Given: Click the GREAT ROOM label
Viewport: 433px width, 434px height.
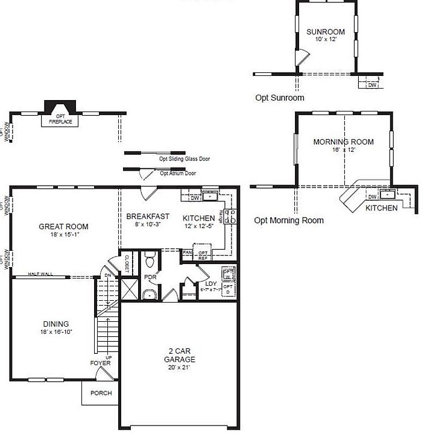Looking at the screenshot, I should (x=63, y=227).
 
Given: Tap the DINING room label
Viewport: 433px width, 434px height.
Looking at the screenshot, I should (x=55, y=324).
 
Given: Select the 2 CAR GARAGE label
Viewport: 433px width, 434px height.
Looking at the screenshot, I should (x=180, y=355).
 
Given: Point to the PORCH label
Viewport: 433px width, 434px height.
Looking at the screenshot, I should (x=101, y=393).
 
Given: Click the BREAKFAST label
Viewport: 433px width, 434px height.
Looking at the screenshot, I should (x=147, y=216).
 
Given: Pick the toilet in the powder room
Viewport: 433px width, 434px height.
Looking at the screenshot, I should (x=151, y=261).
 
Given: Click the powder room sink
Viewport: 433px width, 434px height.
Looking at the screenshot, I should (x=149, y=295).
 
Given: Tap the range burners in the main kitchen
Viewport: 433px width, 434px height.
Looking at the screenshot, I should (x=229, y=217).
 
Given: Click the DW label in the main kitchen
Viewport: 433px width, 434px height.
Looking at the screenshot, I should (x=194, y=197).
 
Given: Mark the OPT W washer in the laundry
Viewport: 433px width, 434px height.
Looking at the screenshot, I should (x=228, y=274).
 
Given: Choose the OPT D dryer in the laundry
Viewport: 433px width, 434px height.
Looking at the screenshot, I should (x=228, y=289).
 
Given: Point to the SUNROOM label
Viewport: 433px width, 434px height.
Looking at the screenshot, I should (x=325, y=32).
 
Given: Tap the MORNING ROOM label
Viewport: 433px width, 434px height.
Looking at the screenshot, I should (x=343, y=142).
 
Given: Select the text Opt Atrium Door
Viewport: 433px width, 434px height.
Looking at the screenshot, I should (x=178, y=173).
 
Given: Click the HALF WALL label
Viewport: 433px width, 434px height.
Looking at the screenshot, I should (x=40, y=274).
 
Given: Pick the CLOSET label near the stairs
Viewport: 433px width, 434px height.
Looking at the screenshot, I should (x=127, y=264).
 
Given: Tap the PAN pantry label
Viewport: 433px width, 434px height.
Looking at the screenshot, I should (x=187, y=253).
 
